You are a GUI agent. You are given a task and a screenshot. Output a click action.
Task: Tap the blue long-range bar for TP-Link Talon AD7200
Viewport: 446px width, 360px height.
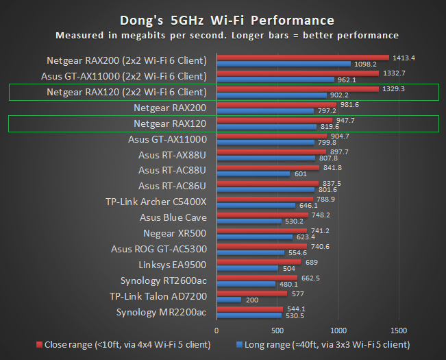click(229, 299)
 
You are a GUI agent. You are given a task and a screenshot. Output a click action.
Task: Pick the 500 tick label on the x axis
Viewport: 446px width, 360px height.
click(277, 329)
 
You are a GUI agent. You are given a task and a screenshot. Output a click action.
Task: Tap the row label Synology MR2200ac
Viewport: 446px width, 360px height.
click(162, 312)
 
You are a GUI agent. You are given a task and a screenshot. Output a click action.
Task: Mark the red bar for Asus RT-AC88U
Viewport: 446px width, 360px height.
click(268, 167)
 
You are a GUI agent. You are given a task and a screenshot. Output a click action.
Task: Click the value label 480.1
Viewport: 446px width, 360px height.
click(288, 284)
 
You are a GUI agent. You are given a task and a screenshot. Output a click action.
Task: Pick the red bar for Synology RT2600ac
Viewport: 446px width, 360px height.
click(257, 277)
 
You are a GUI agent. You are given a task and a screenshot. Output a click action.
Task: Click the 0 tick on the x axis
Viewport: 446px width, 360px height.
click(216, 329)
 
